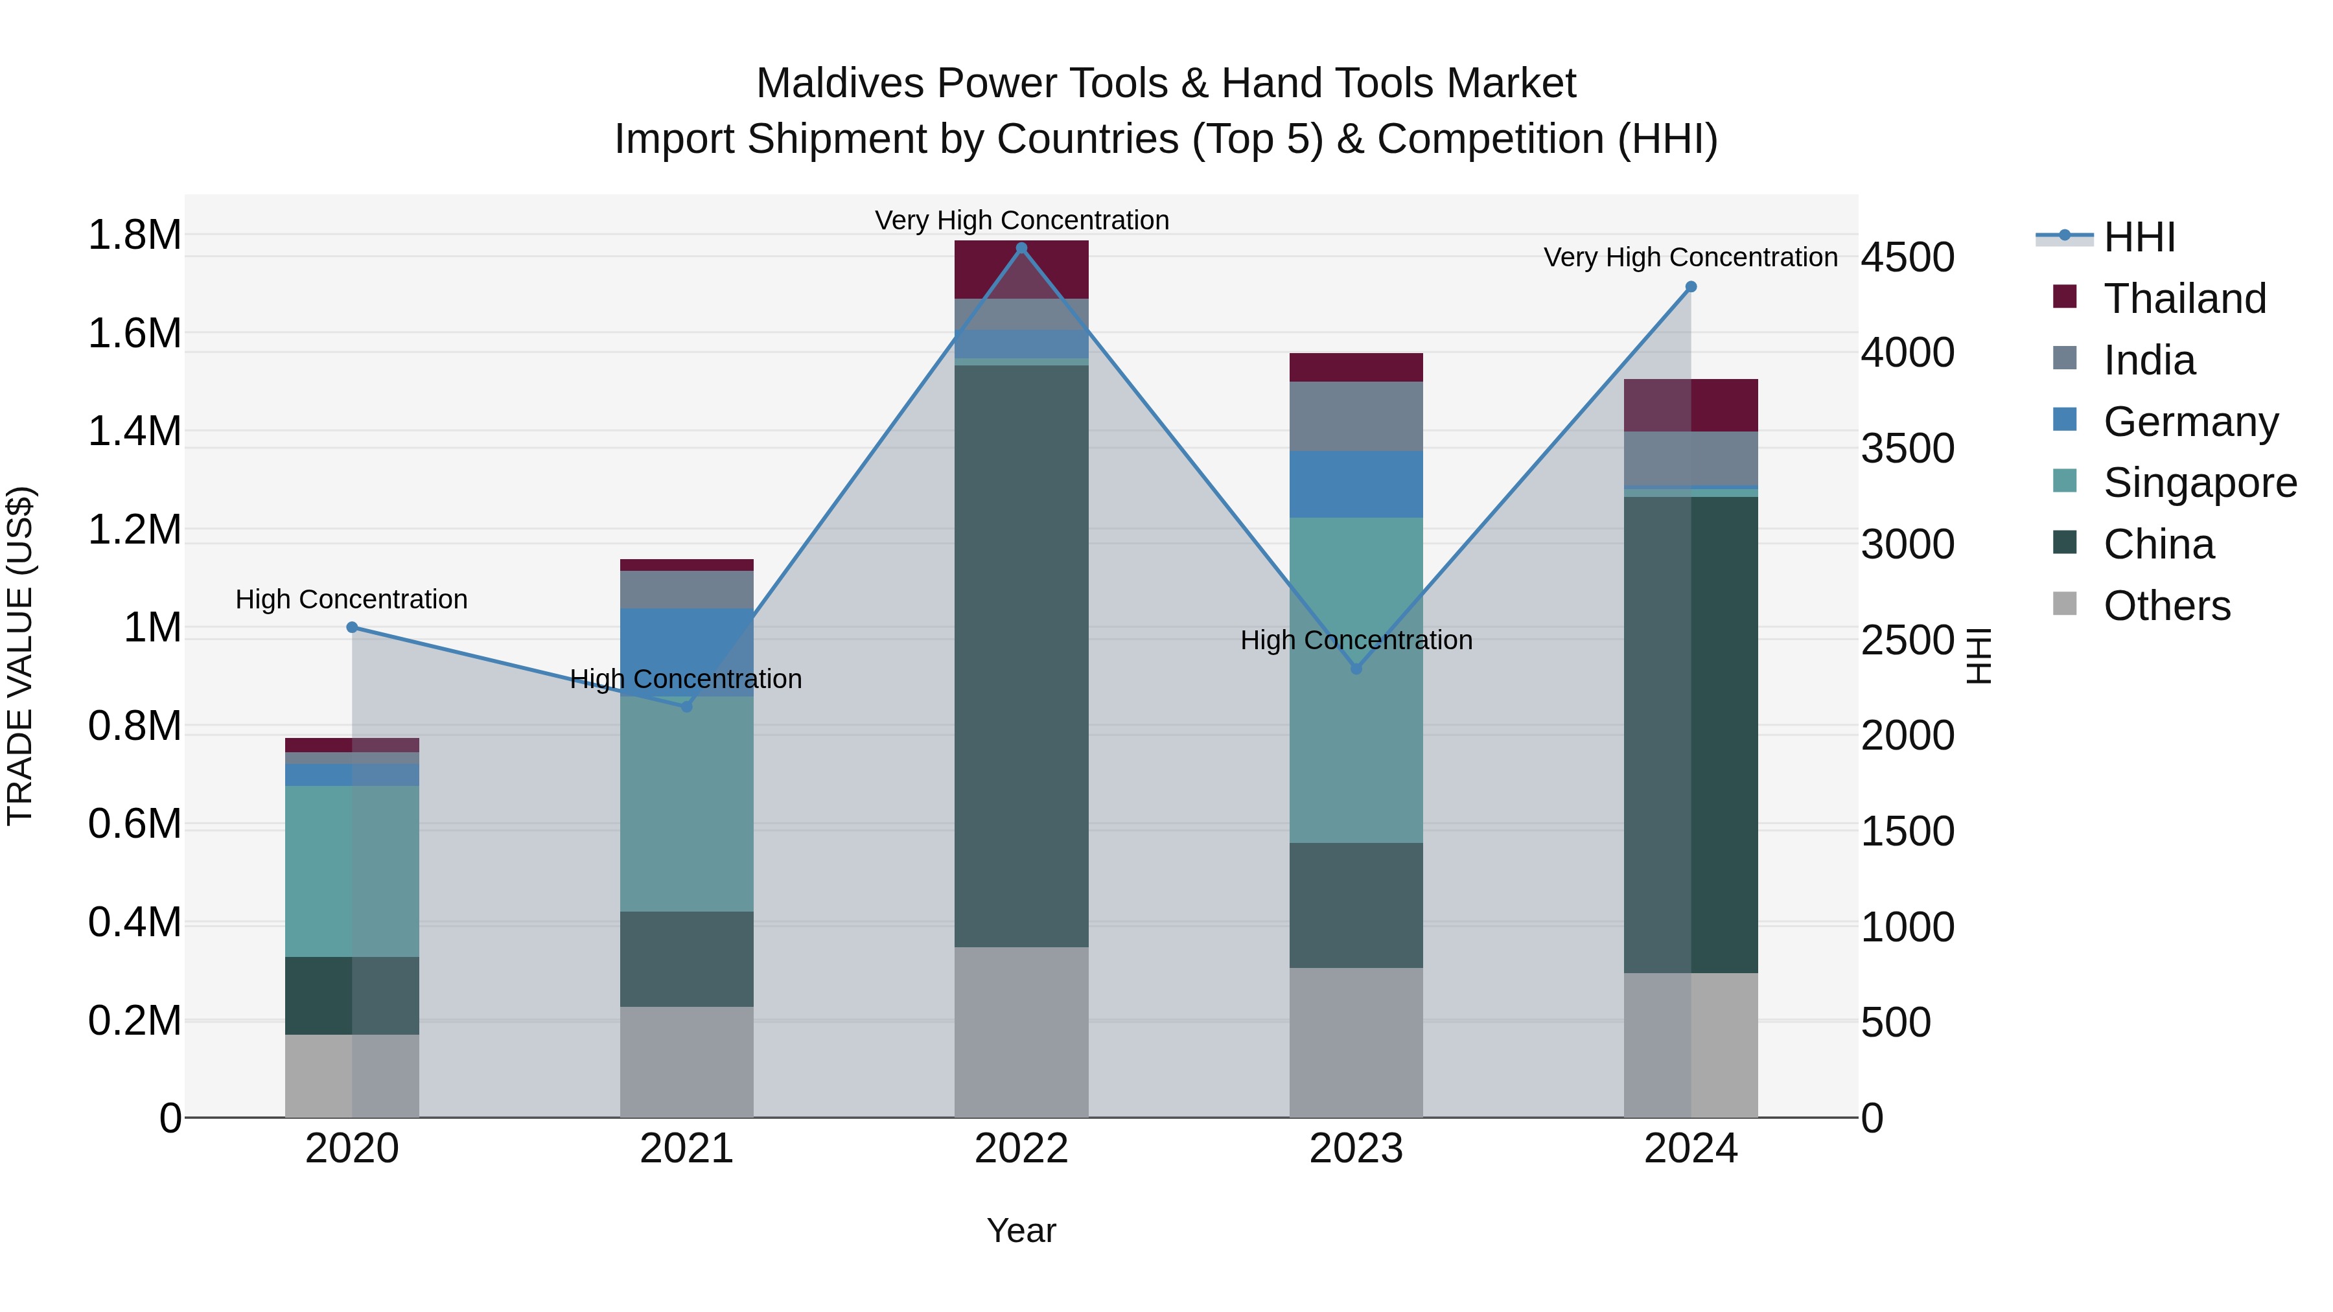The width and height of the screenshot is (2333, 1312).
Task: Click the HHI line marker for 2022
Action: tap(1021, 248)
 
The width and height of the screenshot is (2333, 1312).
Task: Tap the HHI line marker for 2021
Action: tap(686, 706)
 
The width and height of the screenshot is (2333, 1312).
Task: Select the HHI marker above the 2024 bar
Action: tap(1691, 287)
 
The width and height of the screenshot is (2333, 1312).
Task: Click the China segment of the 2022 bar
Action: tap(1021, 656)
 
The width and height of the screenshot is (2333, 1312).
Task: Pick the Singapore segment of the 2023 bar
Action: tap(1356, 679)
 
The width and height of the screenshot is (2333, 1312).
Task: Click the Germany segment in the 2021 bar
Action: tap(686, 652)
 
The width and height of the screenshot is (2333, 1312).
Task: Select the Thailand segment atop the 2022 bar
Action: tap(1021, 269)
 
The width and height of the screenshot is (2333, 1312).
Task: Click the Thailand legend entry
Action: tap(2183, 299)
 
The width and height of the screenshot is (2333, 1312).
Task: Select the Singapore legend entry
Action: tap(2199, 483)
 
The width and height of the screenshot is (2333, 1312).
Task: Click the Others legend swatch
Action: tap(2065, 604)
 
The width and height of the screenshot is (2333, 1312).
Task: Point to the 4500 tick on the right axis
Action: tap(1907, 257)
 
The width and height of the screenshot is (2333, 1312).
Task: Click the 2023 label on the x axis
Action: tap(1356, 1149)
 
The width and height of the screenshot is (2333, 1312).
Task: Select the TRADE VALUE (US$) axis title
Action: tap(20, 656)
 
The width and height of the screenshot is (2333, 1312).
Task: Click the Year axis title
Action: tap(1021, 1230)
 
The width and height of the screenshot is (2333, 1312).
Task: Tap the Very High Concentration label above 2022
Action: tap(1021, 220)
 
